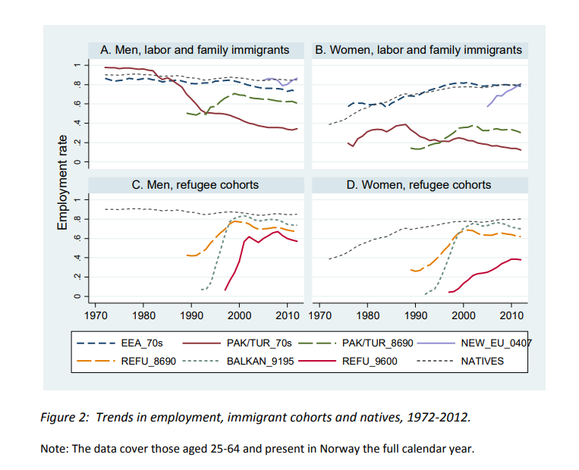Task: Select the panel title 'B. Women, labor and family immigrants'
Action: (419, 50)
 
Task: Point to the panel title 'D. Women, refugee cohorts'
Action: (419, 184)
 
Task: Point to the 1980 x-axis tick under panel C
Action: (144, 315)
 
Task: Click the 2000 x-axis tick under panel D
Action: (463, 315)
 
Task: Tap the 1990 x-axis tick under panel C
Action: (191, 315)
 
